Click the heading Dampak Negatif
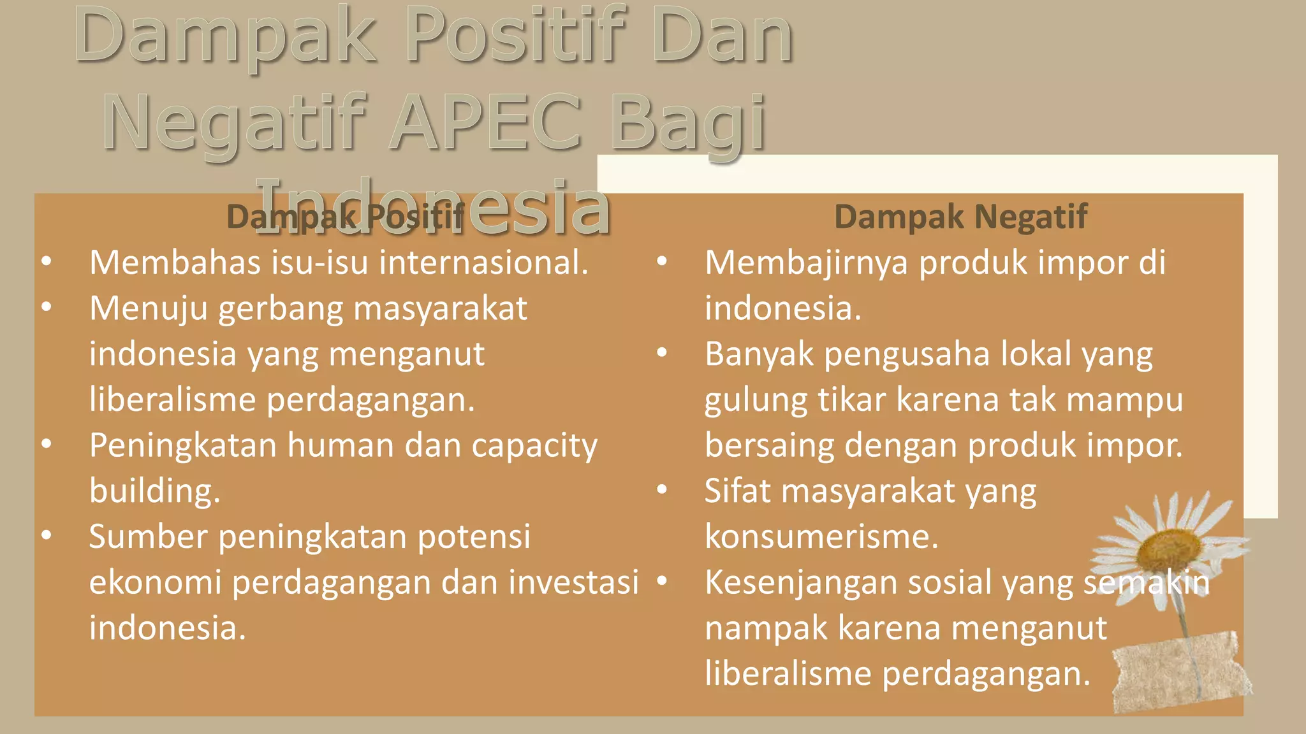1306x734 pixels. point(960,217)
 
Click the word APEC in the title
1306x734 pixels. point(485,122)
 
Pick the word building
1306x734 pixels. point(154,491)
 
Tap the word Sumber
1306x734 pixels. point(148,536)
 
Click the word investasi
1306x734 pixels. point(573,582)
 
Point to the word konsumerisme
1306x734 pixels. point(821,536)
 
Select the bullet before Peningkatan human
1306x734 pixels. point(47,444)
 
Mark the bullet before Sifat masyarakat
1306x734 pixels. point(662,489)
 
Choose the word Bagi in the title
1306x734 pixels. point(689,122)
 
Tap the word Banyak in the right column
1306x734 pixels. point(759,354)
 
